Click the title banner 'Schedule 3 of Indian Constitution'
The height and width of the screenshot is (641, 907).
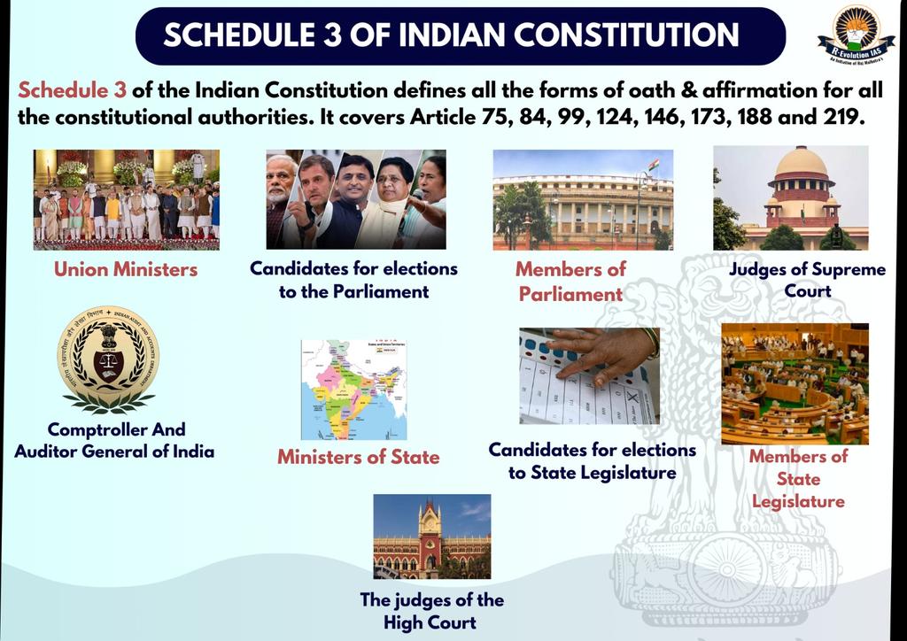(x=460, y=35)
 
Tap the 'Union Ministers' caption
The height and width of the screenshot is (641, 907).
(x=126, y=268)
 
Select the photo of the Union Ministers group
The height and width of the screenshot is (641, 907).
(x=126, y=199)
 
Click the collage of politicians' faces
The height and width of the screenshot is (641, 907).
(x=356, y=199)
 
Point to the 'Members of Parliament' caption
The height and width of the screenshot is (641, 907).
(x=570, y=281)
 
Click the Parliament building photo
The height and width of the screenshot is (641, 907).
(x=583, y=199)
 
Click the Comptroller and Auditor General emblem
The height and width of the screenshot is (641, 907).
(x=109, y=358)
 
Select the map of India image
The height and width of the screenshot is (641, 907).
(x=353, y=390)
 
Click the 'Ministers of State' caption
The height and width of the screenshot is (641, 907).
(x=358, y=457)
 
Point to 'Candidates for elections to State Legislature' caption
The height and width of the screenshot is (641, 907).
(x=592, y=461)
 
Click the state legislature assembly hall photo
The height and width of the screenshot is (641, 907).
(x=795, y=383)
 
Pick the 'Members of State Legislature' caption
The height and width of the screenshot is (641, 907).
(x=798, y=479)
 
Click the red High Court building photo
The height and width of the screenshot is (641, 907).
(x=431, y=537)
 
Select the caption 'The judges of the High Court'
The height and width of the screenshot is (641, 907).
(x=431, y=610)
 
